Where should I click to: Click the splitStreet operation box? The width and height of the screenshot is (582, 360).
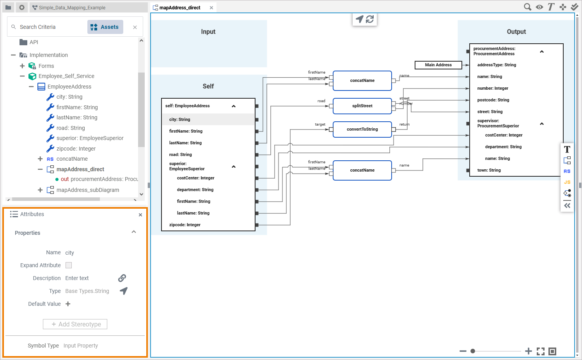(362, 106)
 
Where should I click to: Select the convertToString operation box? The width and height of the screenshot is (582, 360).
(362, 129)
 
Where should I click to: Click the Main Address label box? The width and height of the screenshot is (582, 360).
(438, 65)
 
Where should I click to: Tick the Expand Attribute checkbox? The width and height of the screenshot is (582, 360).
(69, 265)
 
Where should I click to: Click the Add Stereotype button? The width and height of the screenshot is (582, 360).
(75, 324)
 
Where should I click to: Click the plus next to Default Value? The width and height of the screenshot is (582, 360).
(68, 304)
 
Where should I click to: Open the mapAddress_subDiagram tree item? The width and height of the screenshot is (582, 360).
(87, 190)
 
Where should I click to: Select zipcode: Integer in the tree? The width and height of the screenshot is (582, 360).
(76, 149)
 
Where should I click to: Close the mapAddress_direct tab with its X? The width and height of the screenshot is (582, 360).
(211, 8)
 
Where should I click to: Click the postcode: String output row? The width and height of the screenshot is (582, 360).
(493, 100)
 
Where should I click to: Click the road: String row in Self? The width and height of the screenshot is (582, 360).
(180, 154)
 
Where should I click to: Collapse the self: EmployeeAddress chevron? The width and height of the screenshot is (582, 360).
(234, 106)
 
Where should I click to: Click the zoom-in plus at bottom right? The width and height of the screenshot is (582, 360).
(528, 351)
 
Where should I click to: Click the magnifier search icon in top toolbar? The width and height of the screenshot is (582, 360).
(527, 7)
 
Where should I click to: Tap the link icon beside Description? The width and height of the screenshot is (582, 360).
(122, 278)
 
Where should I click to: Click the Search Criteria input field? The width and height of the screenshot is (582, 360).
(51, 27)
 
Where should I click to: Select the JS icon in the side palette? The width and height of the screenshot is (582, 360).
(567, 182)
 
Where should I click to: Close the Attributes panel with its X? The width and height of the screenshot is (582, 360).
(140, 215)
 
